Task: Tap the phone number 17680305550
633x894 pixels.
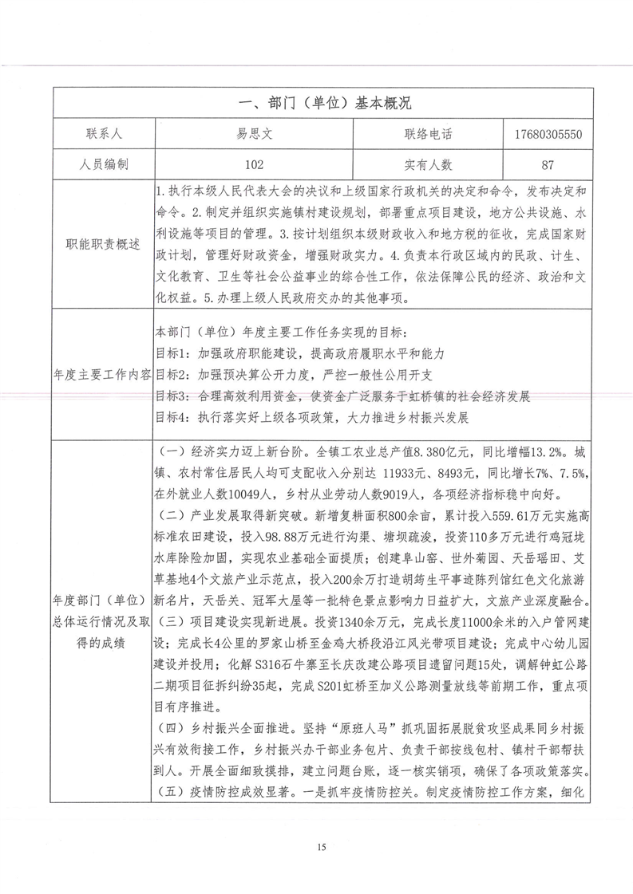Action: (x=549, y=134)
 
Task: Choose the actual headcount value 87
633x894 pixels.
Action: (x=548, y=165)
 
